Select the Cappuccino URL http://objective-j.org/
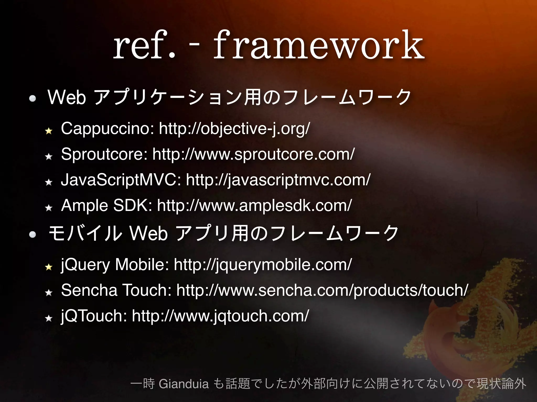tap(234, 129)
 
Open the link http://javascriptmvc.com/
tap(278, 180)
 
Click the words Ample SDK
tap(106, 205)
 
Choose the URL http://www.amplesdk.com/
tap(254, 205)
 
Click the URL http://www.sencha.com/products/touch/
tap(322, 290)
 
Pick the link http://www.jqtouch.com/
tap(221, 316)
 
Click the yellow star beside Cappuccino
tap(49, 131)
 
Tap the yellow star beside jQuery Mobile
tap(49, 267)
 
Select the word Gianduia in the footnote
tap(184, 384)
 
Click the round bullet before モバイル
tap(33, 234)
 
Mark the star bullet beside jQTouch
tap(49, 318)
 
